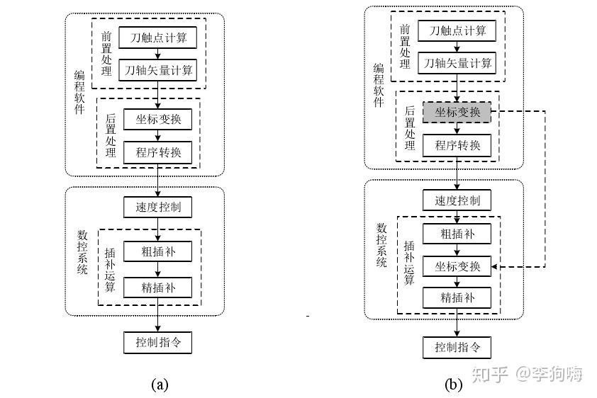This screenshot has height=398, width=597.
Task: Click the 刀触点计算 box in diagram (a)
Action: click(157, 38)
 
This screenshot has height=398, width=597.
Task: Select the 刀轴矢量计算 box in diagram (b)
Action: click(457, 63)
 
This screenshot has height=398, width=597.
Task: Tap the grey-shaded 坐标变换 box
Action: click(457, 112)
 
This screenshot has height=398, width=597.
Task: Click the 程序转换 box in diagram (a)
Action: click(157, 153)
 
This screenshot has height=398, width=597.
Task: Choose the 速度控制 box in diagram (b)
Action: click(457, 200)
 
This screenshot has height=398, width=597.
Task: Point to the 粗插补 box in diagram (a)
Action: click(157, 251)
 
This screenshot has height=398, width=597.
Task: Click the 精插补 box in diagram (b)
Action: click(457, 297)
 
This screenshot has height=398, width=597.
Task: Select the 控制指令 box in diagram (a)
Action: click(157, 343)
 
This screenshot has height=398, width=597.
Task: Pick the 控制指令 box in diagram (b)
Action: click(457, 348)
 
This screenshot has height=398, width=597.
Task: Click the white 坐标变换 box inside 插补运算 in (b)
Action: click(457, 266)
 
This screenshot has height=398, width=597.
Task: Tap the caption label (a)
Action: click(160, 385)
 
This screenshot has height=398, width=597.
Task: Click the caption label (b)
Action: click(454, 385)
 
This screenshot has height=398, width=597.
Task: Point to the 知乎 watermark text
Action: click(490, 374)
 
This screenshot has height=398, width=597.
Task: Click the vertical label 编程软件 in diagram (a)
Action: click(79, 92)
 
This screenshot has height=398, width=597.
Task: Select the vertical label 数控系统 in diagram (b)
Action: click(381, 245)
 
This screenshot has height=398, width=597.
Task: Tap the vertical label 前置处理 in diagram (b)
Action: click(405, 46)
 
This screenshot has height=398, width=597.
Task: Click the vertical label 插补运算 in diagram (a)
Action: click(110, 271)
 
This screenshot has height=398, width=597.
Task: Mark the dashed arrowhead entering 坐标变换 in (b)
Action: click(494, 267)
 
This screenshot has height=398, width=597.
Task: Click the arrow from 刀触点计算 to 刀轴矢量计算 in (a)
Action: click(157, 54)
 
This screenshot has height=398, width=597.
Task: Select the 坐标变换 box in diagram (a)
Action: click(157, 120)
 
